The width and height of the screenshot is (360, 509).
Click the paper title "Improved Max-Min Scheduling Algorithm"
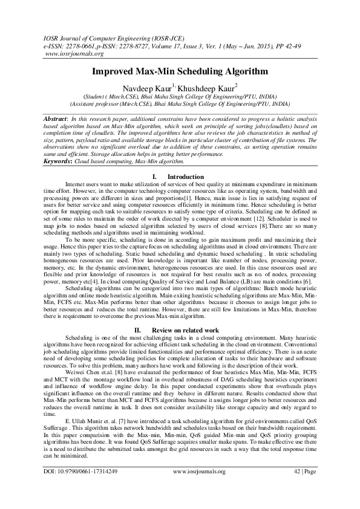180,71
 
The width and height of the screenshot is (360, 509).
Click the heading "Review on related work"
185,330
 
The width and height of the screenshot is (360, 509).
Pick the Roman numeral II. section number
139,330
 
